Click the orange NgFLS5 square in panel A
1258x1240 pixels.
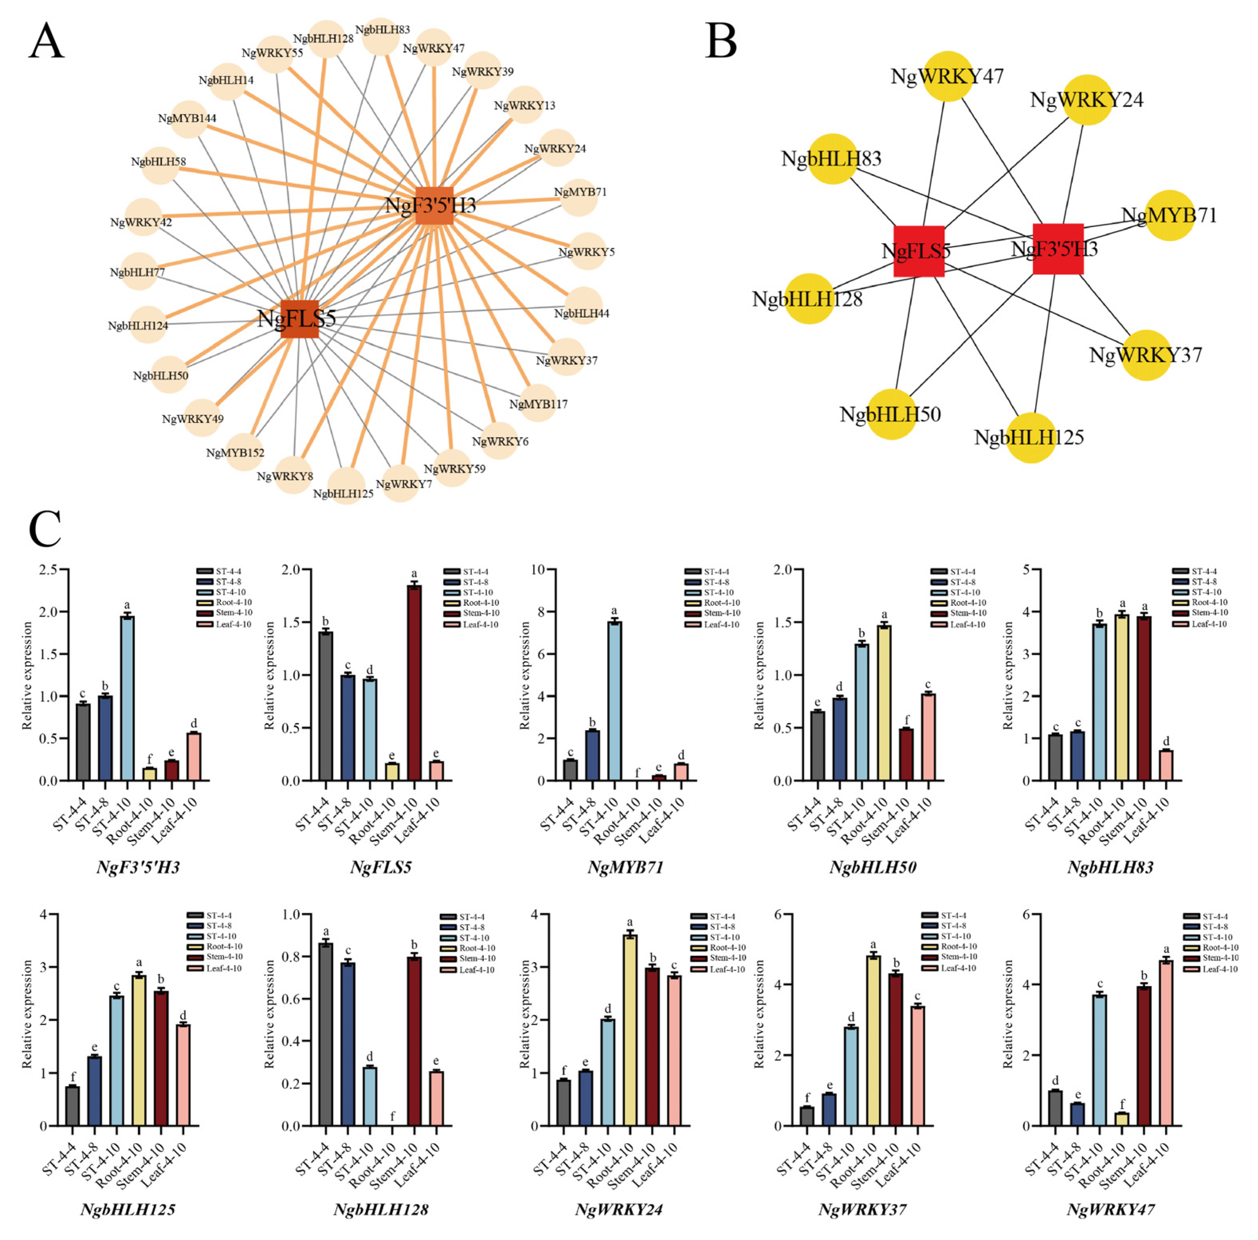300,319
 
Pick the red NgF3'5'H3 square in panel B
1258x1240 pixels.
1058,249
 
